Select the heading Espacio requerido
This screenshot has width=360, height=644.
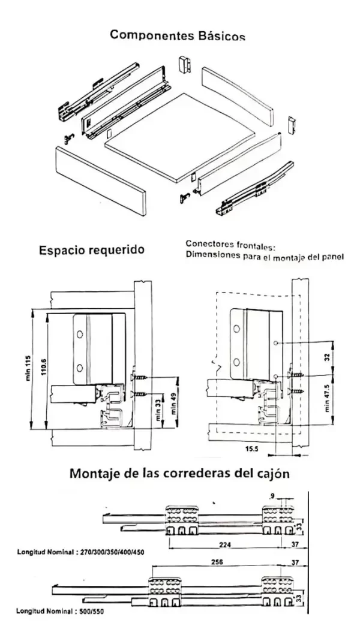[91, 249]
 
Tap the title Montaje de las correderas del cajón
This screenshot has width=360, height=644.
[180, 473]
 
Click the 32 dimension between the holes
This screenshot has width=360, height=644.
[328, 356]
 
